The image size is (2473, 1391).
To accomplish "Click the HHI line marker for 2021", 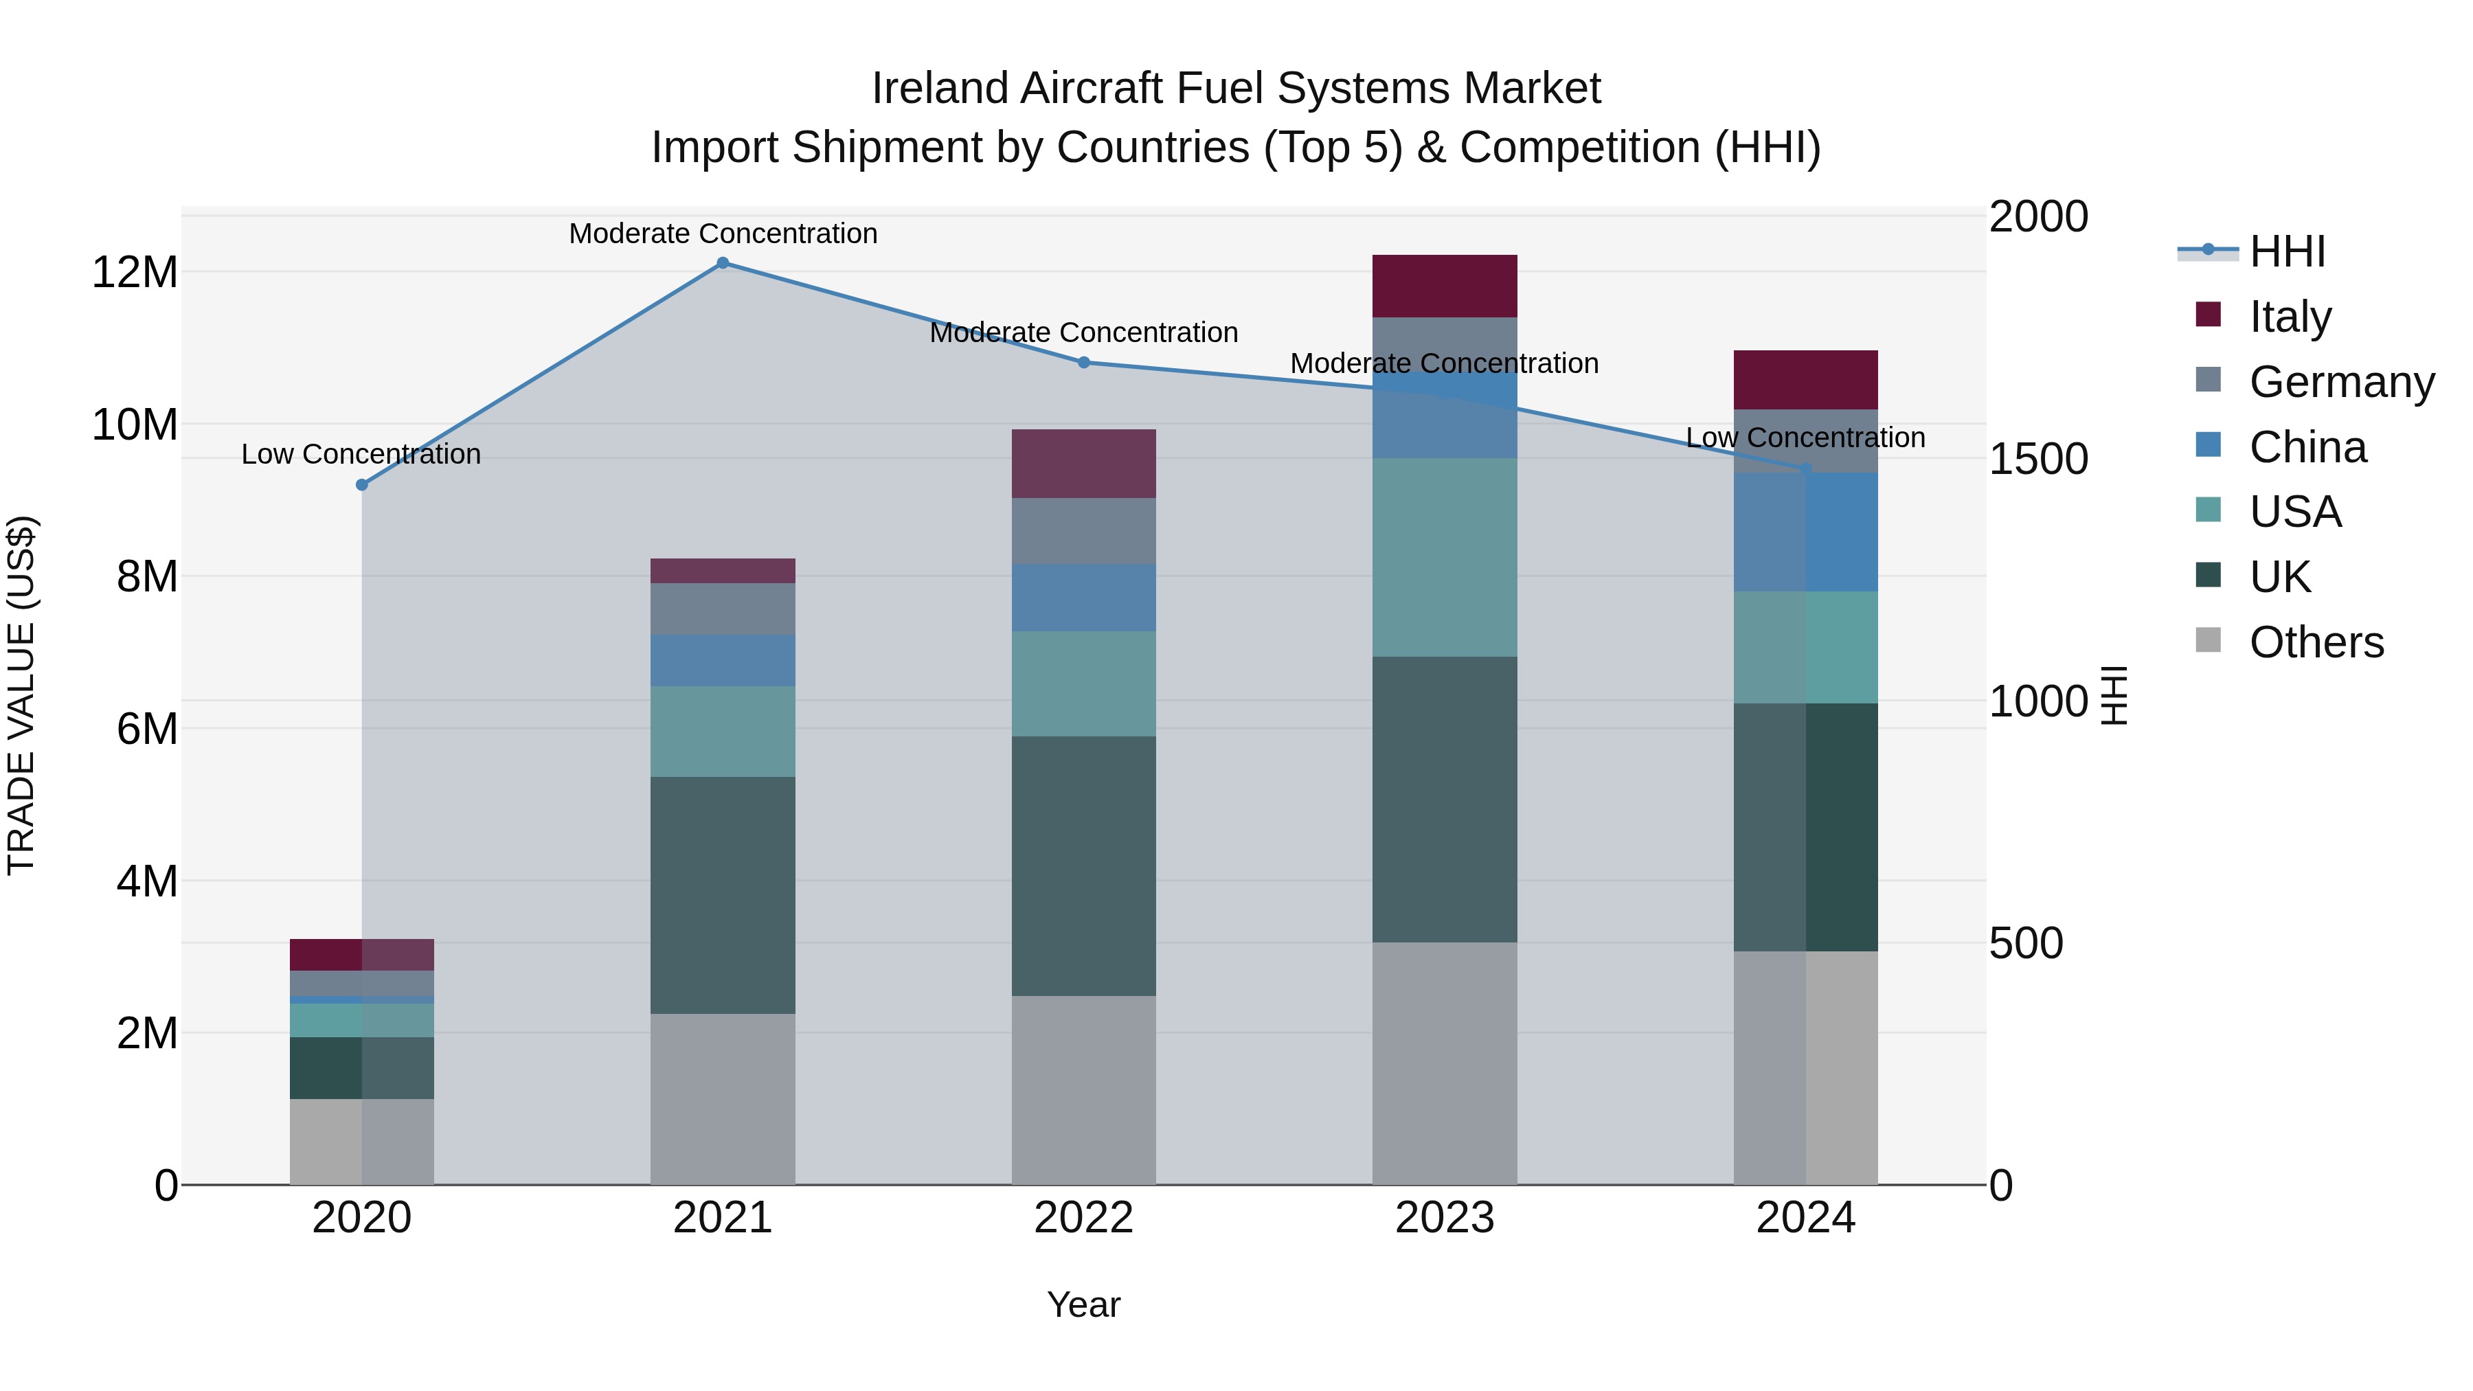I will (x=723, y=263).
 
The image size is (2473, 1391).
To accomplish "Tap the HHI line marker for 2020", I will (x=362, y=485).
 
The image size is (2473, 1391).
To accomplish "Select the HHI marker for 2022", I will (x=1084, y=362).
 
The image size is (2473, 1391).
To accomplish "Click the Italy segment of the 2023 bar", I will (x=1444, y=286).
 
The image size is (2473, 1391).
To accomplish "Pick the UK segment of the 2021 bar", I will (x=723, y=894).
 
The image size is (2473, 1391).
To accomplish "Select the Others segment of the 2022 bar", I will (x=1084, y=1089).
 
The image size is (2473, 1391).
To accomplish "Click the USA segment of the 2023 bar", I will (x=1444, y=557).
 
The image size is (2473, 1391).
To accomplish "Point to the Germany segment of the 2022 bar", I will (x=1084, y=531).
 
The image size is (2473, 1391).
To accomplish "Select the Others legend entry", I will (x=2316, y=642).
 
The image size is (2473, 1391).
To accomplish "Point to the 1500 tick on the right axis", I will (x=2038, y=459).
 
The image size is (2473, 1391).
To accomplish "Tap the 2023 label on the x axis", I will (x=1444, y=1218).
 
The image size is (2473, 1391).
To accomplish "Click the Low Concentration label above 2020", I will (x=361, y=454).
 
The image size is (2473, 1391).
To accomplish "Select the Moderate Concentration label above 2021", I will (x=723, y=234).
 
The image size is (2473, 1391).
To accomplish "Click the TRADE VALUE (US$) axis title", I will (x=21, y=695).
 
